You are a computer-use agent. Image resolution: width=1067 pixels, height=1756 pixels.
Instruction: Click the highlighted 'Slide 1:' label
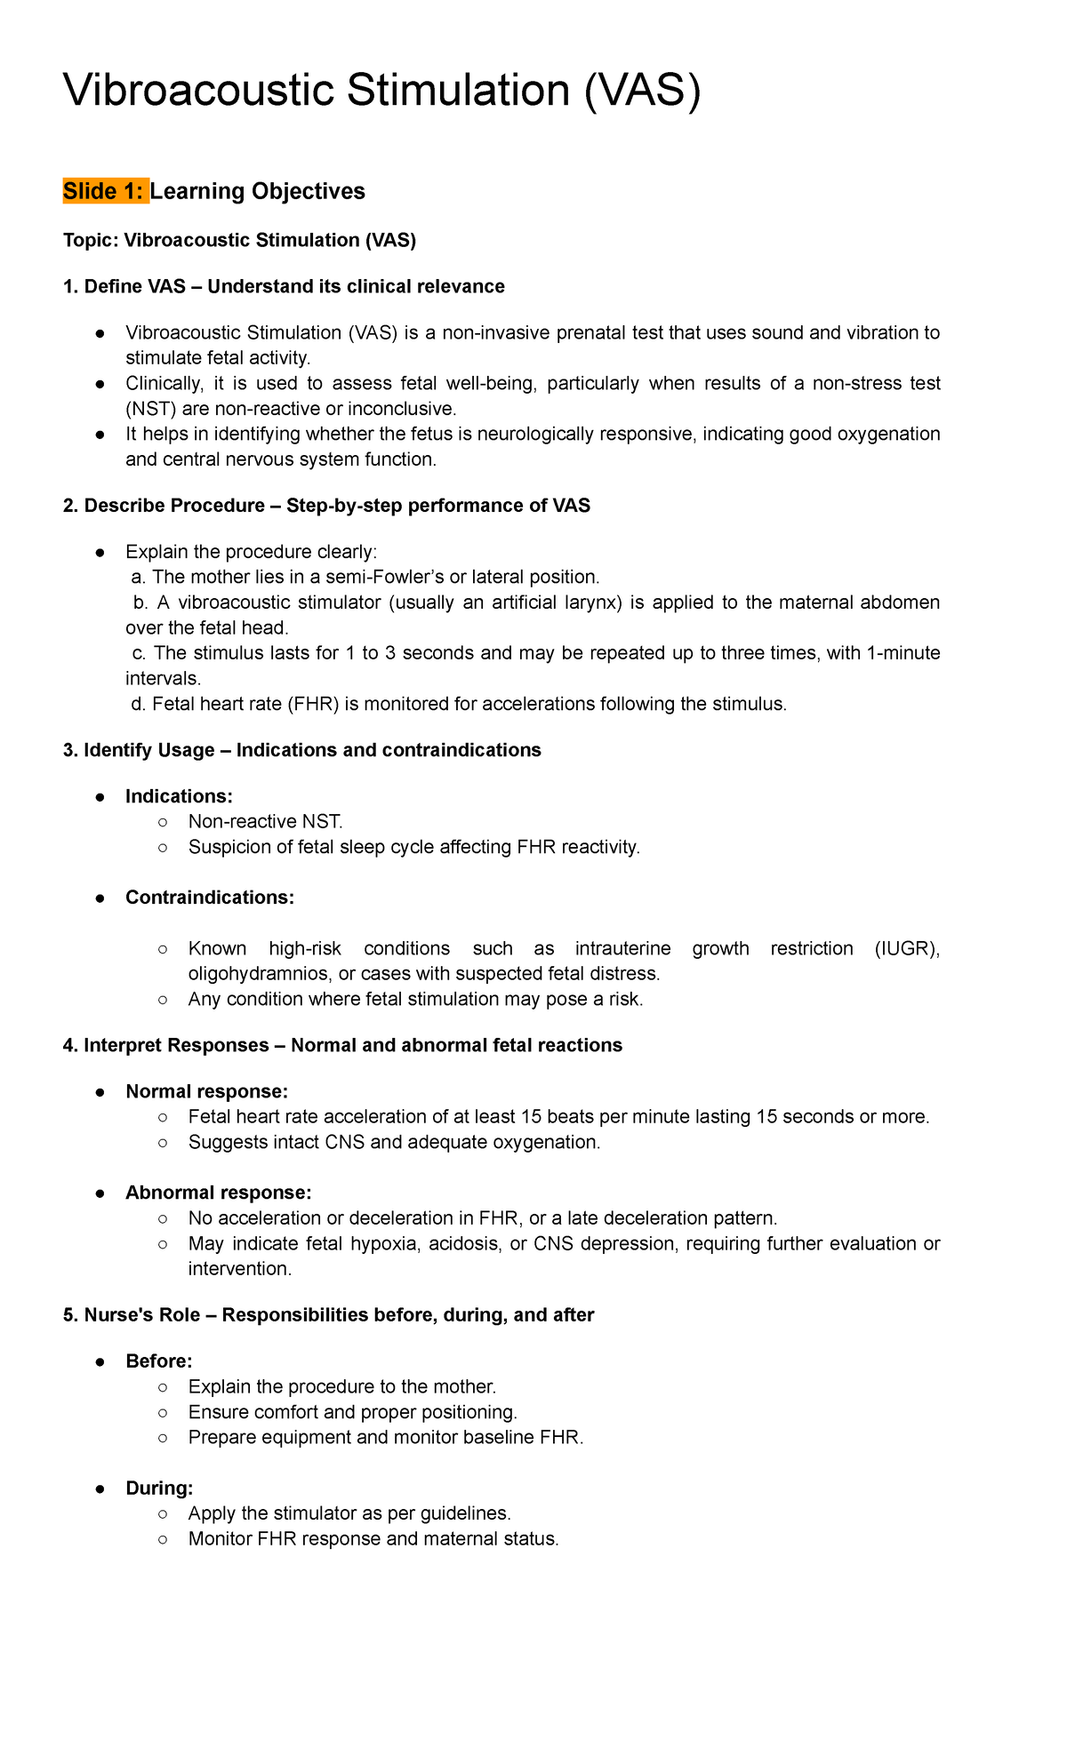[x=105, y=191]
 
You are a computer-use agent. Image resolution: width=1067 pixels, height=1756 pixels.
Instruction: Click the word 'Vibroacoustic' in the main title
[x=197, y=92]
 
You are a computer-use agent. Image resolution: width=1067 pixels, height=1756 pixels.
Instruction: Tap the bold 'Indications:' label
[x=179, y=796]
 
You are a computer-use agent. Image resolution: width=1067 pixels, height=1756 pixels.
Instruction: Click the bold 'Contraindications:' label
[x=210, y=898]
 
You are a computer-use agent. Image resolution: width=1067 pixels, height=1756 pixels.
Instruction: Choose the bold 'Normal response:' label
[x=206, y=1091]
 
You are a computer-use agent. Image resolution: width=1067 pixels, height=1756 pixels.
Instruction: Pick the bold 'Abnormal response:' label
[x=218, y=1193]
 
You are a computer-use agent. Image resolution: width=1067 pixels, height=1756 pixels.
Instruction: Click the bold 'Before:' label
[x=159, y=1361]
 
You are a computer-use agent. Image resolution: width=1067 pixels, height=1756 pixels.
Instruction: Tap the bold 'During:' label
[x=159, y=1489]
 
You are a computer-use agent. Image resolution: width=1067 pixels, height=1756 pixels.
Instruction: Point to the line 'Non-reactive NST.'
[x=265, y=822]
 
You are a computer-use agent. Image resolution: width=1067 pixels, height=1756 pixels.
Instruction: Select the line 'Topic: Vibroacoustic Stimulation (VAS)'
[x=239, y=240]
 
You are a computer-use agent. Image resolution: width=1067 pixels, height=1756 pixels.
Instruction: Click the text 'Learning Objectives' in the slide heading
[x=258, y=191]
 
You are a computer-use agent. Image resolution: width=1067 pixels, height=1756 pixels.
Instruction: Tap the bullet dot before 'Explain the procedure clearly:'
[x=101, y=553]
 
